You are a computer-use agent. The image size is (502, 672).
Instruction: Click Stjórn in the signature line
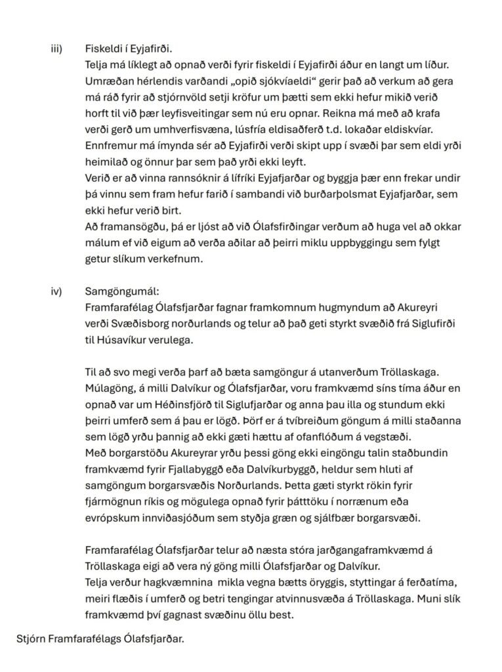click(x=32, y=636)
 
